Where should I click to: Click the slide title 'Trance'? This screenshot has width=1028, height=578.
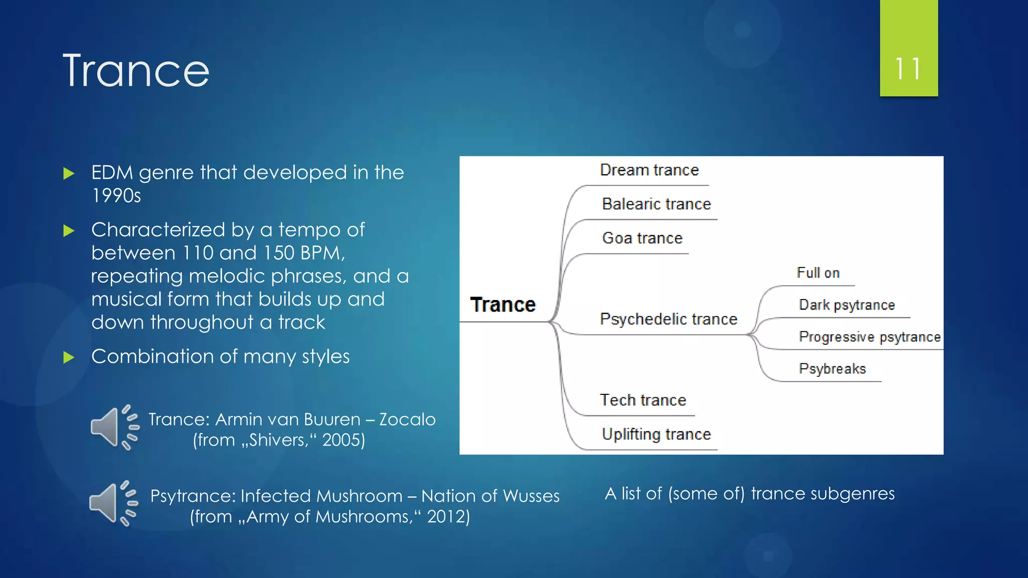click(x=136, y=71)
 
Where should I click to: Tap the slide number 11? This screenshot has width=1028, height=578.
click(x=908, y=69)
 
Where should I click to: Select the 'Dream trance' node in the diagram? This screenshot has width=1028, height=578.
click(x=649, y=170)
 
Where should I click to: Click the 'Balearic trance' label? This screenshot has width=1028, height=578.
click(x=657, y=204)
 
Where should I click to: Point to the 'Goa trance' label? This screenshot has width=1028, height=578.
click(x=642, y=238)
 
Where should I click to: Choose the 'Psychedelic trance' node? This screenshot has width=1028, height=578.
click(x=669, y=319)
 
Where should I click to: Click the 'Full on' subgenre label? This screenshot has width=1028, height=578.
click(x=818, y=273)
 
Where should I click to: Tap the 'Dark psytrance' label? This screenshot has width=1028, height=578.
click(x=847, y=305)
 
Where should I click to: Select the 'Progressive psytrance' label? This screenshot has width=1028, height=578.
click(x=870, y=337)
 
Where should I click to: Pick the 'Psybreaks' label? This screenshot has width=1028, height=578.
click(x=832, y=369)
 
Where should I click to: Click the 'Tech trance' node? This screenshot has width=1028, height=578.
click(x=643, y=400)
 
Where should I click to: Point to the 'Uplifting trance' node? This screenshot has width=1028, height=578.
click(x=657, y=434)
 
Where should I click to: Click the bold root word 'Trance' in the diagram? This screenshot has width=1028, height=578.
click(x=503, y=305)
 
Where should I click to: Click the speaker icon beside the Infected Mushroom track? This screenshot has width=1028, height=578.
click(x=113, y=504)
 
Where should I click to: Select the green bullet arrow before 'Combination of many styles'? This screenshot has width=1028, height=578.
click(x=69, y=358)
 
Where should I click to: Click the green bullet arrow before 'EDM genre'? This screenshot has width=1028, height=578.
click(x=69, y=174)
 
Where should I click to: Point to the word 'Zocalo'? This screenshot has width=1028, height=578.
click(x=407, y=419)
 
